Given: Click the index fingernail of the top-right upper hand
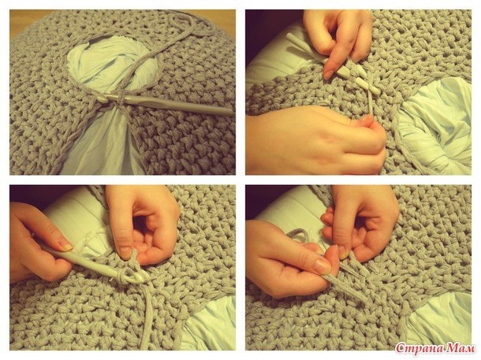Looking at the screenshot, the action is coord(327,74).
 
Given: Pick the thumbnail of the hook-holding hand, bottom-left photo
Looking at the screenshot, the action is coord(65,245).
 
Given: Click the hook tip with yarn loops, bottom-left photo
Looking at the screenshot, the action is coord(135,276).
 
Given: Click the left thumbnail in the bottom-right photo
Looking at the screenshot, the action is coord(323,266).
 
